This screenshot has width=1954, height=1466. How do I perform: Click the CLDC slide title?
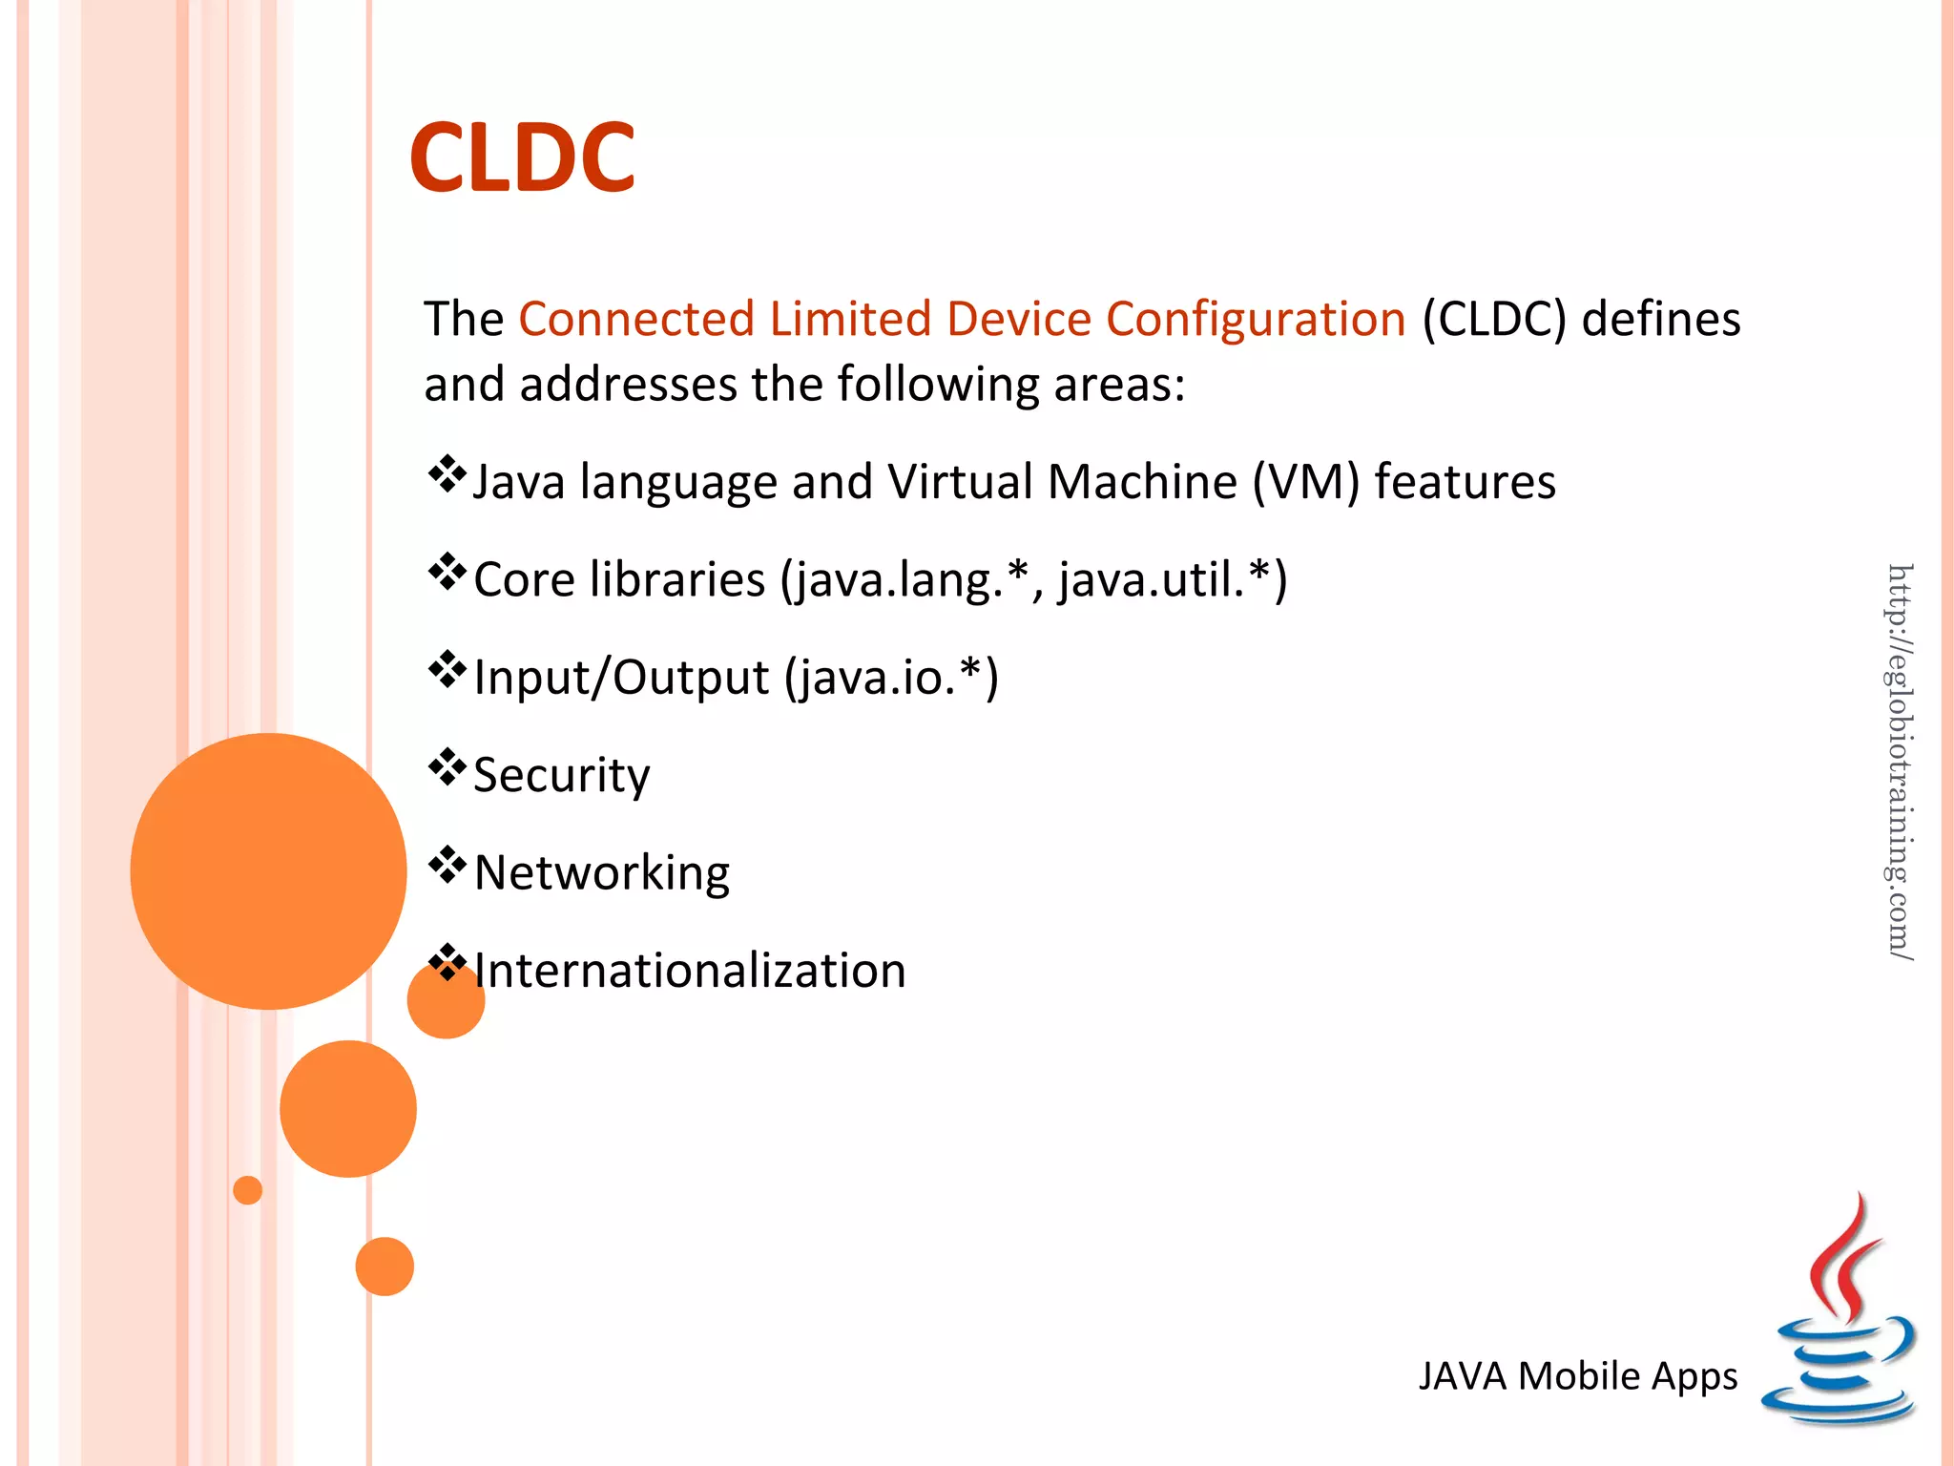(522, 157)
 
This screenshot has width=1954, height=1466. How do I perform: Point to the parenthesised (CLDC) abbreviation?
(1494, 319)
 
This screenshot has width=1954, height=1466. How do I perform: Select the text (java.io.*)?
(891, 678)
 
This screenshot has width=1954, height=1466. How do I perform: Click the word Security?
(561, 775)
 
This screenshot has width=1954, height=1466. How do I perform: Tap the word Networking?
(601, 872)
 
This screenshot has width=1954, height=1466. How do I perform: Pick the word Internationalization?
(689, 971)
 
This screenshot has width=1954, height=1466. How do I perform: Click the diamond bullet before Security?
(447, 767)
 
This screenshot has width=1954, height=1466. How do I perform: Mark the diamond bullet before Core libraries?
(447, 573)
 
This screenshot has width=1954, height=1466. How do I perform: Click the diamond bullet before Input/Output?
(447, 670)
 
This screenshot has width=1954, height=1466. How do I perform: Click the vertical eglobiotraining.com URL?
(1900, 761)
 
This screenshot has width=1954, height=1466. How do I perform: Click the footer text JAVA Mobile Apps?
(1577, 1376)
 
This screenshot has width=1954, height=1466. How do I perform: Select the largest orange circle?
(268, 870)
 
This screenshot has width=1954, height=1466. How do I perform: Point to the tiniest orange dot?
(247, 1190)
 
